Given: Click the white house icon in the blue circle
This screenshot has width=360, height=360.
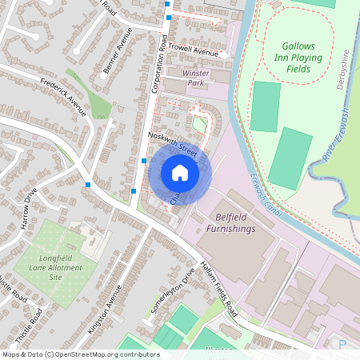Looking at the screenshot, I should coord(180,173).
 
